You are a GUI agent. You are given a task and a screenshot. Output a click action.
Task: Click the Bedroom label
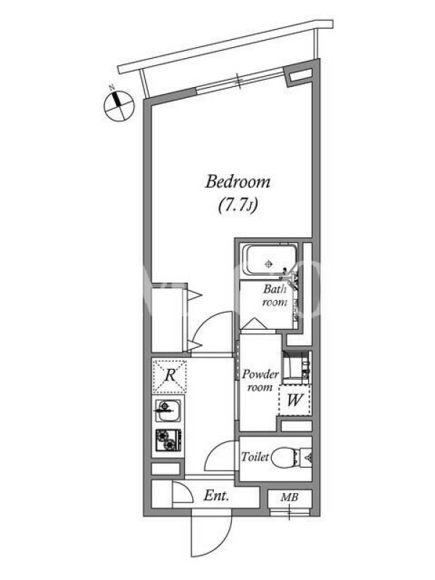pos(238,182)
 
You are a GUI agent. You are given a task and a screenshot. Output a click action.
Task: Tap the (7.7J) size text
pos(238,205)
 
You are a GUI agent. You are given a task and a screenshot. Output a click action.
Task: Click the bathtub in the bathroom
pos(269,261)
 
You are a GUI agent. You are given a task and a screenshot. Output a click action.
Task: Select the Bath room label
pos(275,295)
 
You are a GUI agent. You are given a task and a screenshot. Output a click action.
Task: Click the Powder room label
pos(260,381)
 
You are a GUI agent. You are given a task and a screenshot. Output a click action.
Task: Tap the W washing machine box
pos(295,400)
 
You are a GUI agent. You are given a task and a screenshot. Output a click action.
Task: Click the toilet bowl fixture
pos(286,457)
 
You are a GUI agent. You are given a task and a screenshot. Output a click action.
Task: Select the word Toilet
pos(255,457)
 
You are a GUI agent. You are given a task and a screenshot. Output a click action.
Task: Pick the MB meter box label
pos(289,497)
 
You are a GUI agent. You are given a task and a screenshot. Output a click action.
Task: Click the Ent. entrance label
pos(216,496)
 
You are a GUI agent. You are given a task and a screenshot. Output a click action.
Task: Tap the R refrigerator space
pos(170,376)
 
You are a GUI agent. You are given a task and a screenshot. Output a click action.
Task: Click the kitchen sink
pos(168,410)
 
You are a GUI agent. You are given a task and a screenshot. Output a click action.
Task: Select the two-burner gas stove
pos(168,440)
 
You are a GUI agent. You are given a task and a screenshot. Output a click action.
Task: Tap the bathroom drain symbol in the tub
pos(269,264)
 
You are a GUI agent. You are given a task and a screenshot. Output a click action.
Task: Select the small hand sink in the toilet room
pos(307,458)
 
